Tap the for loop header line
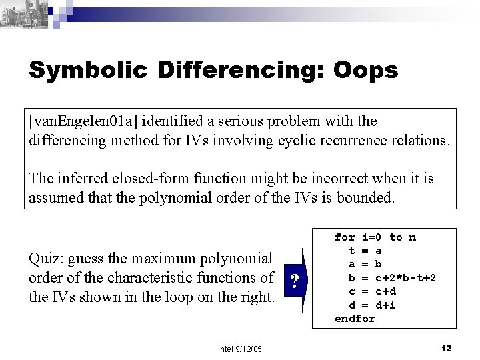pos(375,237)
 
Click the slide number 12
pos(447,347)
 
